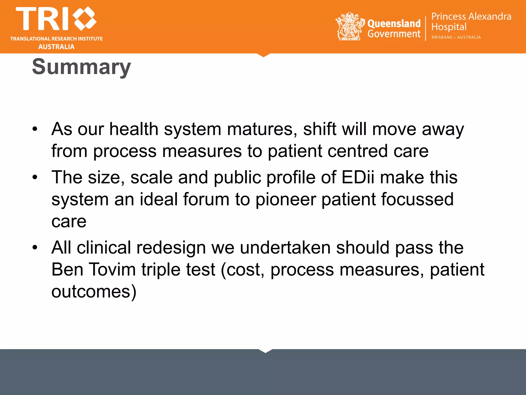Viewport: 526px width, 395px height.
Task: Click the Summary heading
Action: tap(81, 67)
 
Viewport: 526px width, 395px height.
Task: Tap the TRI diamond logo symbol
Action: tap(84, 18)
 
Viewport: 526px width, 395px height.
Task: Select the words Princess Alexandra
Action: tap(471, 16)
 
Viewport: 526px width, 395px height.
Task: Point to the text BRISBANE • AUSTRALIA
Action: tap(456, 37)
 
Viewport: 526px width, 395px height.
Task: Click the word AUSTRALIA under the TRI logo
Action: tap(57, 47)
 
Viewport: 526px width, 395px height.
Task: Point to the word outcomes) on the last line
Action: tap(94, 292)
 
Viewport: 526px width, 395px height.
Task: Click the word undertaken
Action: tap(285, 248)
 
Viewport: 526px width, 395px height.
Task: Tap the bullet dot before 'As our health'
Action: tap(35, 129)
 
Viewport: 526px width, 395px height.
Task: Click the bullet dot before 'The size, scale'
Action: tap(35, 177)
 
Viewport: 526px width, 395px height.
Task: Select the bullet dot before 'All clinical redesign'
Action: tap(35, 248)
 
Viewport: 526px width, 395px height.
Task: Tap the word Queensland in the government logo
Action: tap(394, 23)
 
